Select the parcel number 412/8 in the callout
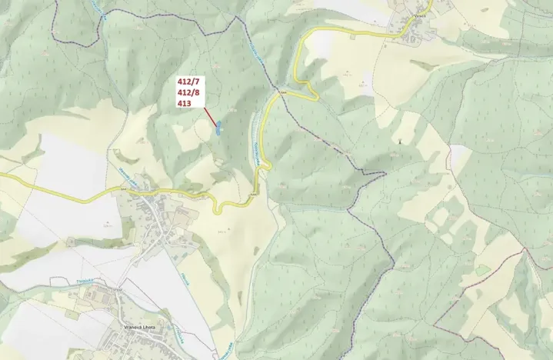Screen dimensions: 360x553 [188, 92]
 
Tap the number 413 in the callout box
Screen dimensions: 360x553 [185, 102]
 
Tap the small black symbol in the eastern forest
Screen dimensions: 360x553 [399, 142]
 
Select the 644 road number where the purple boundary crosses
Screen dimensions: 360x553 [283, 90]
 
